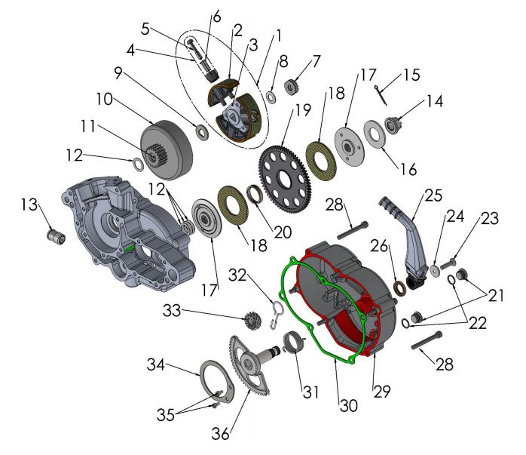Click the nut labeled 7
point(293,87)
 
